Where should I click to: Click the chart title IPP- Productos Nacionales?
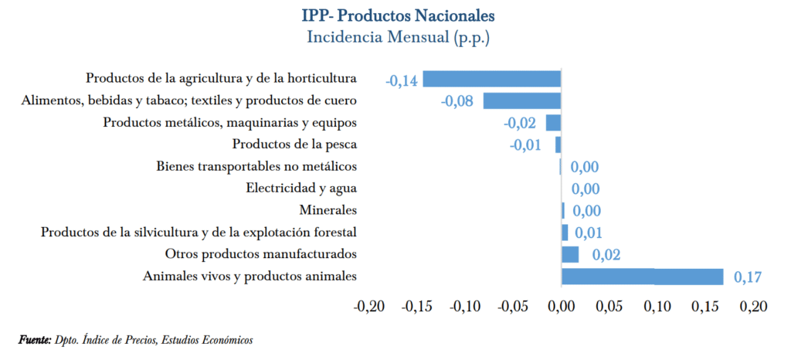pos(399,15)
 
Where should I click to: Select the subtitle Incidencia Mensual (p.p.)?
pos(399,36)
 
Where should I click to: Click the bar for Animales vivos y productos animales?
pos(642,277)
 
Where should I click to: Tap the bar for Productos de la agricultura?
pos(491,78)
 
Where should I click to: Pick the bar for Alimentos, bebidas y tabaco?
pos(522,100)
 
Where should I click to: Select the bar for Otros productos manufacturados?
pos(570,254)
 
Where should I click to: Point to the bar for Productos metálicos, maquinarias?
pos(553,122)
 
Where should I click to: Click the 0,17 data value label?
pos(747,277)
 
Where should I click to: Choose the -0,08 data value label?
pos(456,100)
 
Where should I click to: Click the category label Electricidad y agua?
pos(301,188)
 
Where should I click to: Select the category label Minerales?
pos(328,210)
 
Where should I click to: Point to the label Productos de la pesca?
pos(294,144)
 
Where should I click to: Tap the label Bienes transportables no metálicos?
pos(256,166)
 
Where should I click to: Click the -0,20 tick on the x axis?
pos(369,307)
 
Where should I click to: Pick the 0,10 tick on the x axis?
pos(657,307)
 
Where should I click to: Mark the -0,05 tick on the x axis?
pos(513,307)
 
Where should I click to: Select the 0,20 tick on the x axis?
pos(753,307)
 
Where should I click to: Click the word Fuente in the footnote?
pos(35,340)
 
